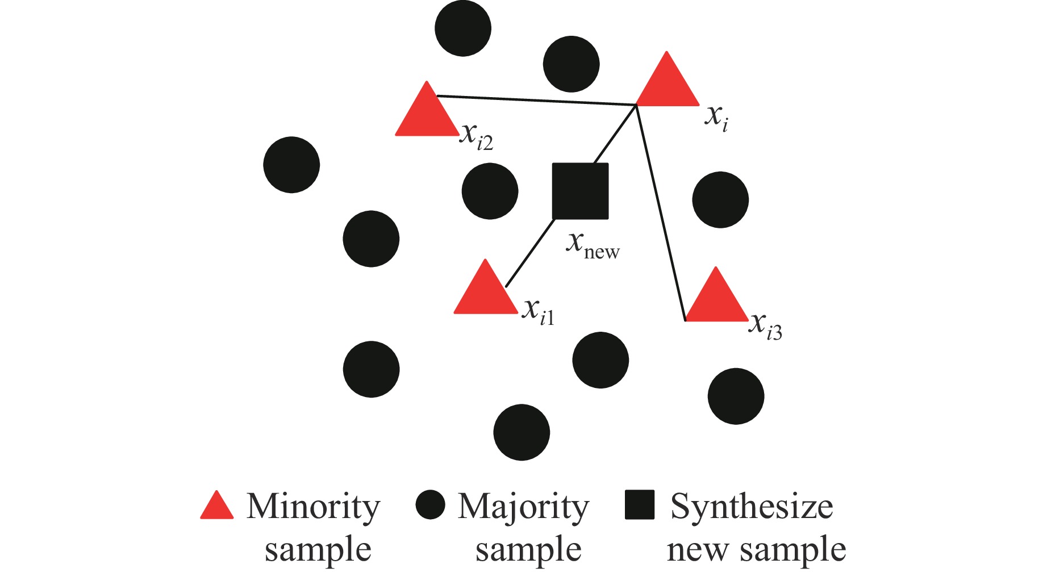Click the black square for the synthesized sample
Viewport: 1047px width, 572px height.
(x=580, y=191)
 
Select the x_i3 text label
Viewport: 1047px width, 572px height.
(x=765, y=327)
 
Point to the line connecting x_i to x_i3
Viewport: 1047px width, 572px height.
(x=661, y=213)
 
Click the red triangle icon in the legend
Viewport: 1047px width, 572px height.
(x=217, y=506)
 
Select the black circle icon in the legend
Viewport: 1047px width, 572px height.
(x=430, y=505)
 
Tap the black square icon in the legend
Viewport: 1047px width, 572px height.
(x=640, y=505)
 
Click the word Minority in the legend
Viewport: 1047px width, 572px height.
(x=313, y=507)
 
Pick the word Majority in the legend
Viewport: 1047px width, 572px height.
(x=523, y=507)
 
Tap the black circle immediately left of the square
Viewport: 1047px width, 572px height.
(x=490, y=191)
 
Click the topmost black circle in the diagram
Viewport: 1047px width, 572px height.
(x=463, y=28)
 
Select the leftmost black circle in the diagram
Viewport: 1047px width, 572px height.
(x=291, y=165)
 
